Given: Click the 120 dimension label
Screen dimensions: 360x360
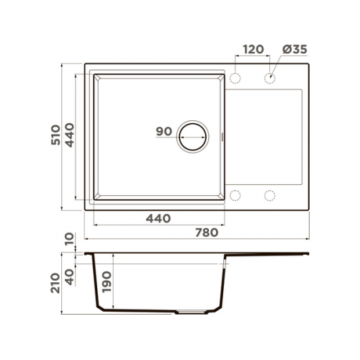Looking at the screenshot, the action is click(253, 50).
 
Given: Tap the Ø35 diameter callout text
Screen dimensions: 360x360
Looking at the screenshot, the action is click(294, 50).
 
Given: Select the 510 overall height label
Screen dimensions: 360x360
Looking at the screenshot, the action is click(55, 135).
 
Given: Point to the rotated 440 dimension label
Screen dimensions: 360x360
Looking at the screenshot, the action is click(70, 135).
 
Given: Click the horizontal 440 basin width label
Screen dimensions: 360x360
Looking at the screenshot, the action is click(158, 218).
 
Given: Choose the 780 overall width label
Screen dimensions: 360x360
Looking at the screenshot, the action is click(207, 233).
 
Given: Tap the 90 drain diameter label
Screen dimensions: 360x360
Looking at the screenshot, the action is click(164, 131).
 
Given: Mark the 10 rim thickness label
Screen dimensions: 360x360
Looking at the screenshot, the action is click(70, 239).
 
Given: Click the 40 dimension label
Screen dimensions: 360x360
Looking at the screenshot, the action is click(70, 277).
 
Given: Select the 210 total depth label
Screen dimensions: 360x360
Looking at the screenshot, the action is click(55, 283).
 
